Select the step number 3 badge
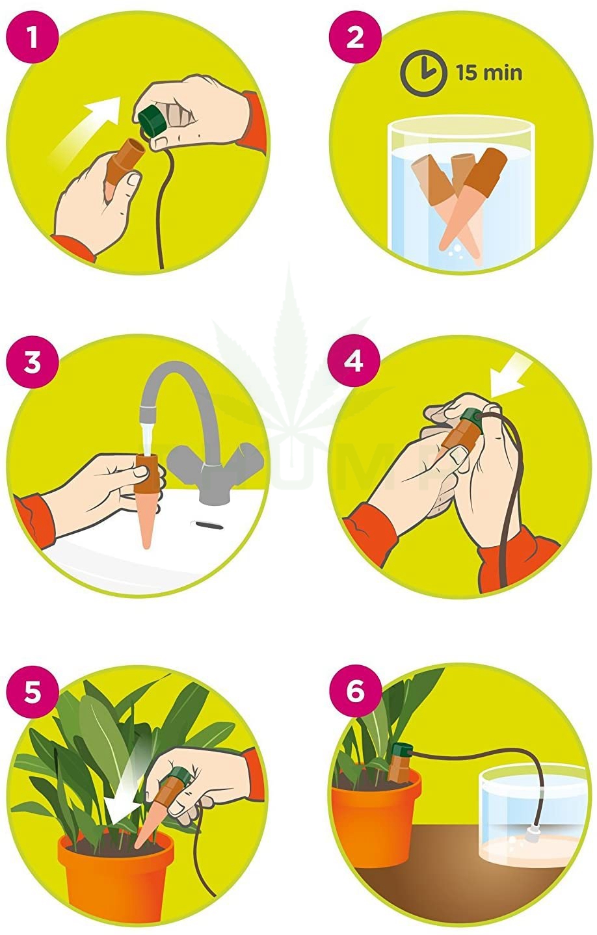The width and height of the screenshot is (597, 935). pyautogui.click(x=32, y=362)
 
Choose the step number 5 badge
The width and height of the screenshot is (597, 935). pyautogui.click(x=32, y=691)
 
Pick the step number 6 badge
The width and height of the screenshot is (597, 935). pyautogui.click(x=355, y=691)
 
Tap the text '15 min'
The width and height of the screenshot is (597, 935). pyautogui.click(x=488, y=72)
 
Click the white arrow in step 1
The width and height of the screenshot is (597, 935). pyautogui.click(x=91, y=124)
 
